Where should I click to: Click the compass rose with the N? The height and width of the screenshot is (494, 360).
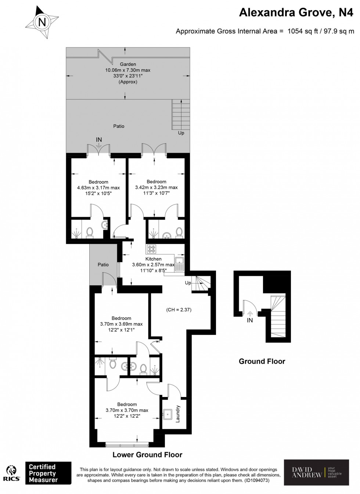click(42, 22)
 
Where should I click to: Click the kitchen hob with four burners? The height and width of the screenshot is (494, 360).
click(151, 249)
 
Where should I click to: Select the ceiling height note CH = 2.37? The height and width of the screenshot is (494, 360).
click(179, 310)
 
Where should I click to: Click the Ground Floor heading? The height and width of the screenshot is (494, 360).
click(262, 361)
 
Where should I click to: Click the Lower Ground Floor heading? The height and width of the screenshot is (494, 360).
click(147, 455)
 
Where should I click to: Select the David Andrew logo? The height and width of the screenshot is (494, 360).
click(316, 472)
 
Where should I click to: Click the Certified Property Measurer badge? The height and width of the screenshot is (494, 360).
click(48, 473)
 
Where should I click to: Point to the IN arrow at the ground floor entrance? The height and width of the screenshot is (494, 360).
click(250, 314)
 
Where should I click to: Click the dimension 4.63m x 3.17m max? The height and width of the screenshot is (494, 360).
click(98, 188)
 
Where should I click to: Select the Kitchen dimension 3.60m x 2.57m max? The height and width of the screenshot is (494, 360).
click(153, 264)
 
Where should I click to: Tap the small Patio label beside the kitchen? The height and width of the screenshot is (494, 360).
click(103, 264)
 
